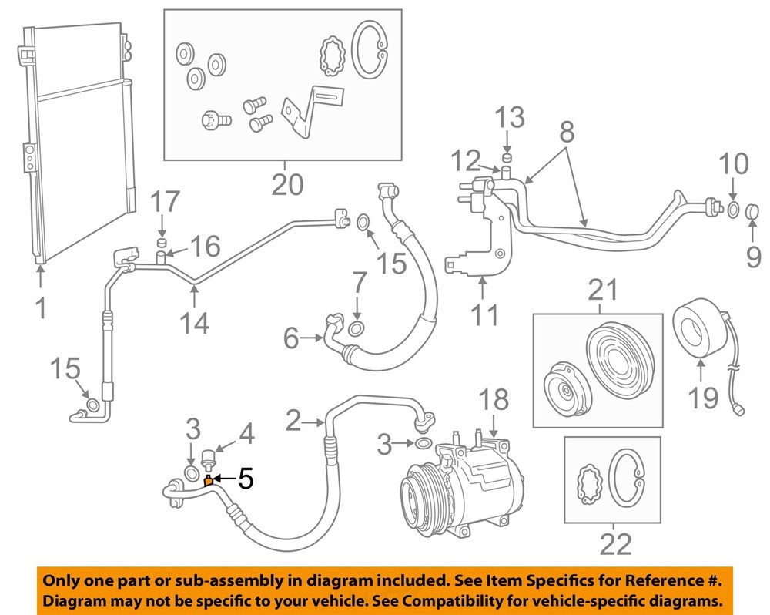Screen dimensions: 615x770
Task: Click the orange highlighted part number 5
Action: [208, 482]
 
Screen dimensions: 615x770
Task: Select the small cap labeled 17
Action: [162, 244]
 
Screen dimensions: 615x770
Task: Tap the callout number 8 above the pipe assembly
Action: [567, 132]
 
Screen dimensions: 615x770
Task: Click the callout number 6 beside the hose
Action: [291, 338]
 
